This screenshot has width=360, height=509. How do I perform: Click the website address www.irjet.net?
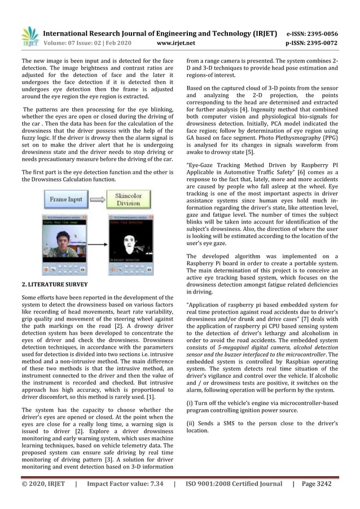(177, 42)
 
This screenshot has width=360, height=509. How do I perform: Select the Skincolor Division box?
(128, 199)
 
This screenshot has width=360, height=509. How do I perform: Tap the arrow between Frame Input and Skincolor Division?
(97, 199)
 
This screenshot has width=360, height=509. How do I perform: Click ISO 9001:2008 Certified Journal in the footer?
(234, 484)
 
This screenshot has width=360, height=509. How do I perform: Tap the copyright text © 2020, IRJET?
(43, 484)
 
